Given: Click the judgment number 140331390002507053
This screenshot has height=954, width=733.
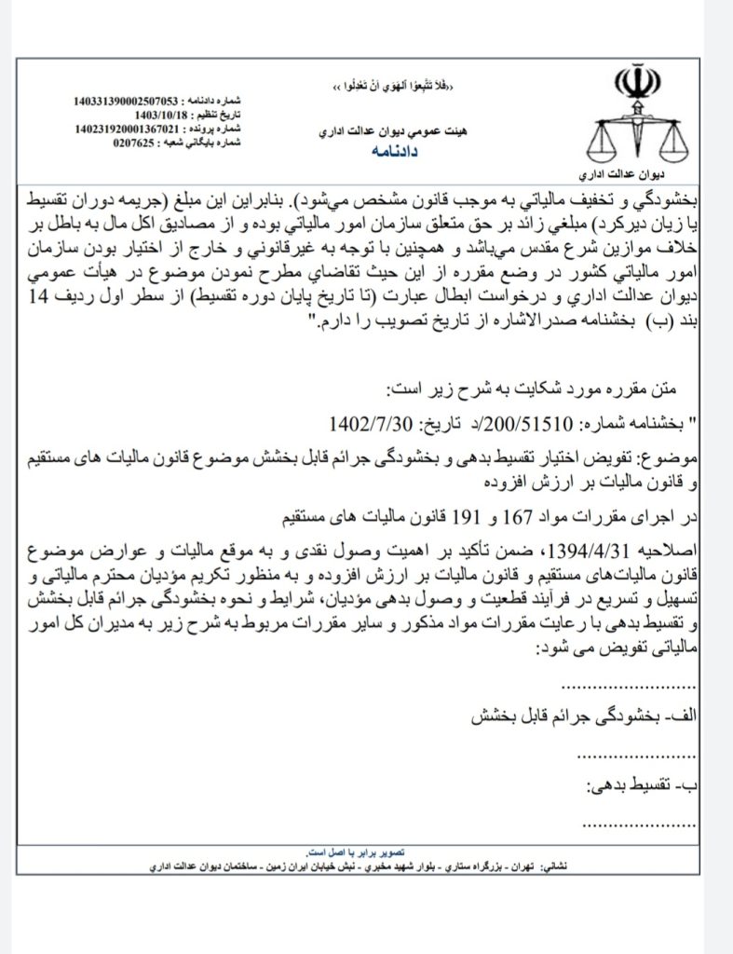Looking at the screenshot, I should (x=130, y=99).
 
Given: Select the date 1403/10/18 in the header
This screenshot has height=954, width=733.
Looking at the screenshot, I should (x=152, y=113).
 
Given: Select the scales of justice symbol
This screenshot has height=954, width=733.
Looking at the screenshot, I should (x=637, y=136).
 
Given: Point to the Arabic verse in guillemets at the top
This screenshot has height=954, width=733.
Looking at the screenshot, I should (x=395, y=85).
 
